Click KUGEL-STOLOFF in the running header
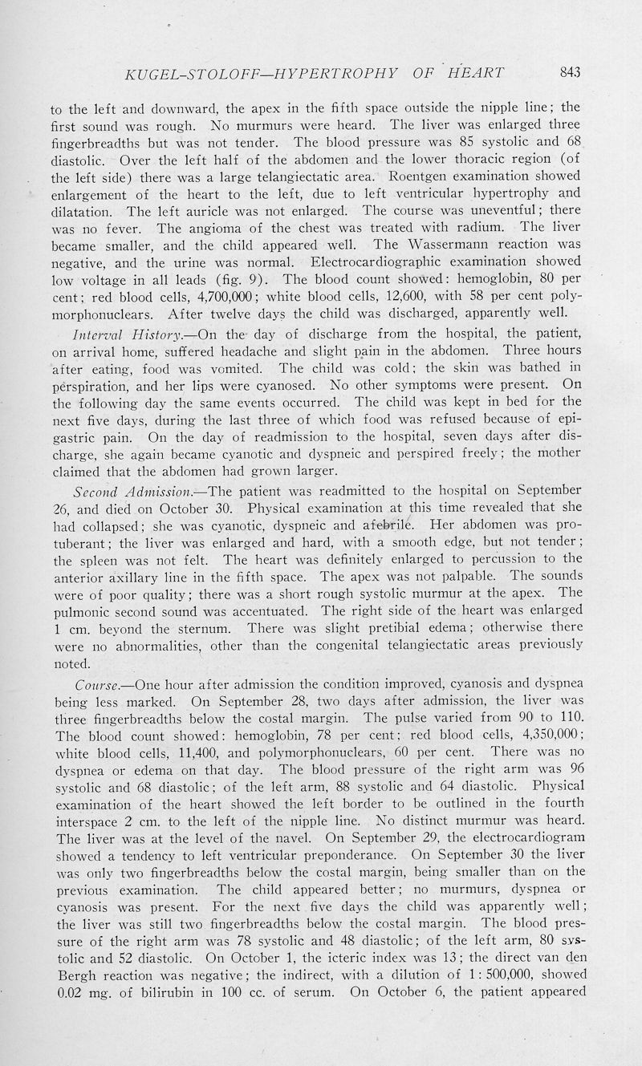point(184,75)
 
